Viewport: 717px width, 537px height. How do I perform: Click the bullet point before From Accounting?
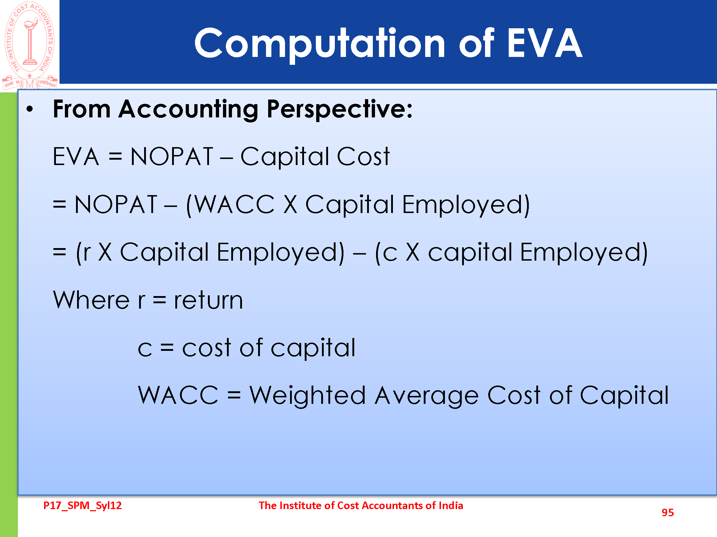[x=30, y=109]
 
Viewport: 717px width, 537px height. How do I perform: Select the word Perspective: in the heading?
[x=340, y=109]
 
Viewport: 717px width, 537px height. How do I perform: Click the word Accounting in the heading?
[x=189, y=109]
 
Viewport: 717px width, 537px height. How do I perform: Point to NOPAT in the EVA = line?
[x=172, y=156]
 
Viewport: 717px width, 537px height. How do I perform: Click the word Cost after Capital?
[x=363, y=156]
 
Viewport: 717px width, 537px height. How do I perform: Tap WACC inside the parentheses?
[x=234, y=204]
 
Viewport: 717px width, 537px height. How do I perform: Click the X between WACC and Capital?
[x=290, y=204]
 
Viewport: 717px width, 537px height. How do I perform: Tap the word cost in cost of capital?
[x=207, y=348]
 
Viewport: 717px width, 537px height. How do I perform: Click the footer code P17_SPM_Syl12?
[x=82, y=505]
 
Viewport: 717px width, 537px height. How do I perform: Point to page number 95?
[x=668, y=513]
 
